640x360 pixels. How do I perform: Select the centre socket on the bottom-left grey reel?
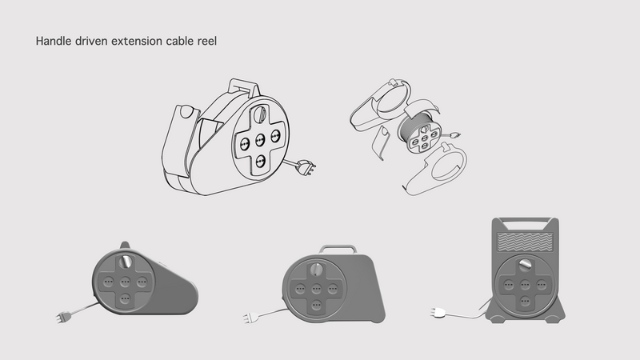click(124, 282)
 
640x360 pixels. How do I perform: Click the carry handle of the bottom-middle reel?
click(339, 248)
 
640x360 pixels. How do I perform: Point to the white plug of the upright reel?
click(440, 313)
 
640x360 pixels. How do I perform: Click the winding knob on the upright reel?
click(524, 265)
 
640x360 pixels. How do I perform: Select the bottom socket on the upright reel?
click(524, 301)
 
